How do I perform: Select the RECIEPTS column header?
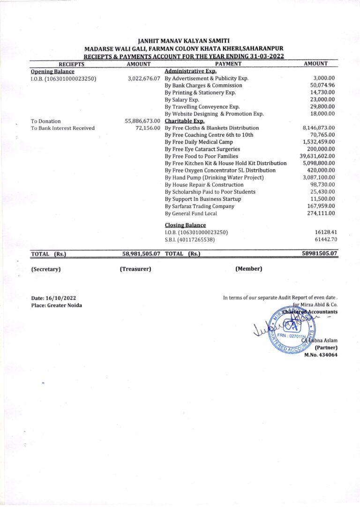tap(71, 64)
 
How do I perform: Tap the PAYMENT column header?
tap(228, 64)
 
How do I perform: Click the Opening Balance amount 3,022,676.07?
tap(144, 79)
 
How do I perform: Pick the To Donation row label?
tap(46, 121)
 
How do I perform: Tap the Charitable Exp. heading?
tap(185, 121)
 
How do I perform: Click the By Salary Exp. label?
tap(182, 100)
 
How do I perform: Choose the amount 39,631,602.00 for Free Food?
tap(317, 156)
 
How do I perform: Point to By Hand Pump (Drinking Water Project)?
tap(214, 178)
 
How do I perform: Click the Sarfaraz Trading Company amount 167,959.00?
tap(320, 206)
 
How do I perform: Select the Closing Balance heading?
tap(185, 225)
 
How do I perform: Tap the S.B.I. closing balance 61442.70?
tap(325, 240)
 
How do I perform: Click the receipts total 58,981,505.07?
tap(142, 254)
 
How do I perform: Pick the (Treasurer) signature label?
tap(135, 269)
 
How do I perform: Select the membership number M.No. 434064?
tap(321, 355)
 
